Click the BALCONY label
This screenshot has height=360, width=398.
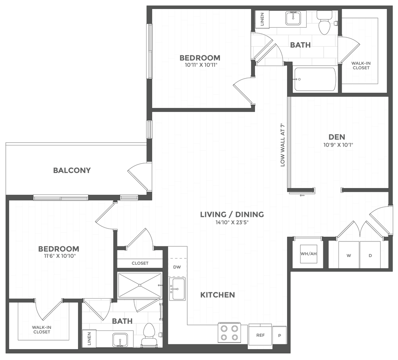72,170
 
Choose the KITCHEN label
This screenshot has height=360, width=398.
218,295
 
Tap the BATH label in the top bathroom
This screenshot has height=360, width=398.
300,45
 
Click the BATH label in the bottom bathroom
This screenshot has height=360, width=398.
122,321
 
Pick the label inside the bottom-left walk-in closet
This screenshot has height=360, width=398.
42,331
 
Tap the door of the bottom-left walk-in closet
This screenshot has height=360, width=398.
48,311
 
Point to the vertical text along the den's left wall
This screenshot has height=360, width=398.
283,146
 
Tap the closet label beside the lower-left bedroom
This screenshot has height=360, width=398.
140,264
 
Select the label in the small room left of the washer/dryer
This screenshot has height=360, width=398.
308,254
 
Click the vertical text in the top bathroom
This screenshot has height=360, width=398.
262,19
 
